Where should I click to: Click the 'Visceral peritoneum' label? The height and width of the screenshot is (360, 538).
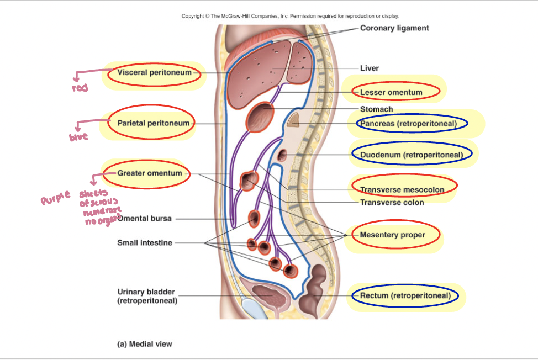(x=154, y=72)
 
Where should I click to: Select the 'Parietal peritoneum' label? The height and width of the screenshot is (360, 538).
(x=153, y=123)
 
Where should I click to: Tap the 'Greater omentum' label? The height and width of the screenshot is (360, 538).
(x=149, y=173)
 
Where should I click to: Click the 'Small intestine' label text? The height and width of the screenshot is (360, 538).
(x=144, y=242)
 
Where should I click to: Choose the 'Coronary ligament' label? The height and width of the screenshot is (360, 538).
(x=394, y=28)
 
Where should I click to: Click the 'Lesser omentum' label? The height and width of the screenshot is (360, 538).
(x=391, y=92)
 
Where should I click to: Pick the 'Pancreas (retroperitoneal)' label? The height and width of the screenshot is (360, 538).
(x=409, y=124)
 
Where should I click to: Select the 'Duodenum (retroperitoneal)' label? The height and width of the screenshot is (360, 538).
(x=412, y=155)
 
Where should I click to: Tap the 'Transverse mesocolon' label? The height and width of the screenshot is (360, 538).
(x=402, y=189)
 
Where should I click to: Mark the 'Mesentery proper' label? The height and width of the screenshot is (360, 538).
(x=392, y=235)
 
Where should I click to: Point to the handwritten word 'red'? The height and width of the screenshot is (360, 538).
(x=80, y=88)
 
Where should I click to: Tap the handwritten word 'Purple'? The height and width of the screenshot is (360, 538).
(x=56, y=197)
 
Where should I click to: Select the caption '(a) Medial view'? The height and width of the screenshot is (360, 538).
(x=145, y=344)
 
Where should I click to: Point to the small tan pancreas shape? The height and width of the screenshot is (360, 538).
(x=293, y=119)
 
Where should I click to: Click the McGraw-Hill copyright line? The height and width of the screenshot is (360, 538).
(x=290, y=16)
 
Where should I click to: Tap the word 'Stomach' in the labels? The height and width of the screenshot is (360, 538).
(x=376, y=109)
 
